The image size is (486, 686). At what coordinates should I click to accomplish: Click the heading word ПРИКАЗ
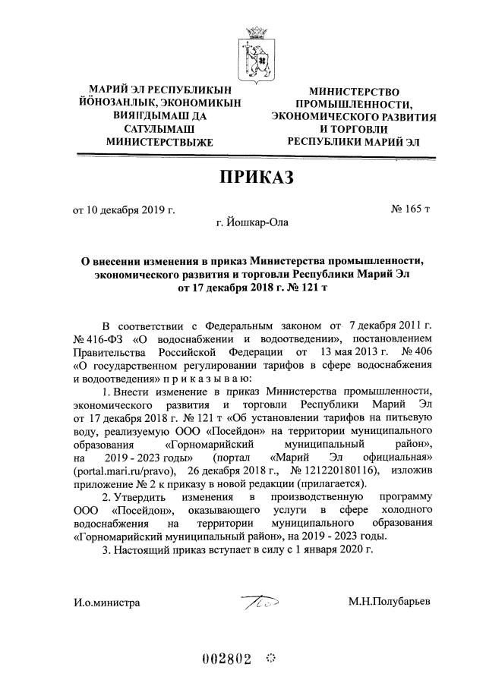[256, 178]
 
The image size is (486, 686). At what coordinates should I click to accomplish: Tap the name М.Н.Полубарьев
[389, 602]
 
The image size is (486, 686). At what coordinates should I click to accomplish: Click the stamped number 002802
[226, 659]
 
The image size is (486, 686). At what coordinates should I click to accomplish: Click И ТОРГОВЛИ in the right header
[354, 129]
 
